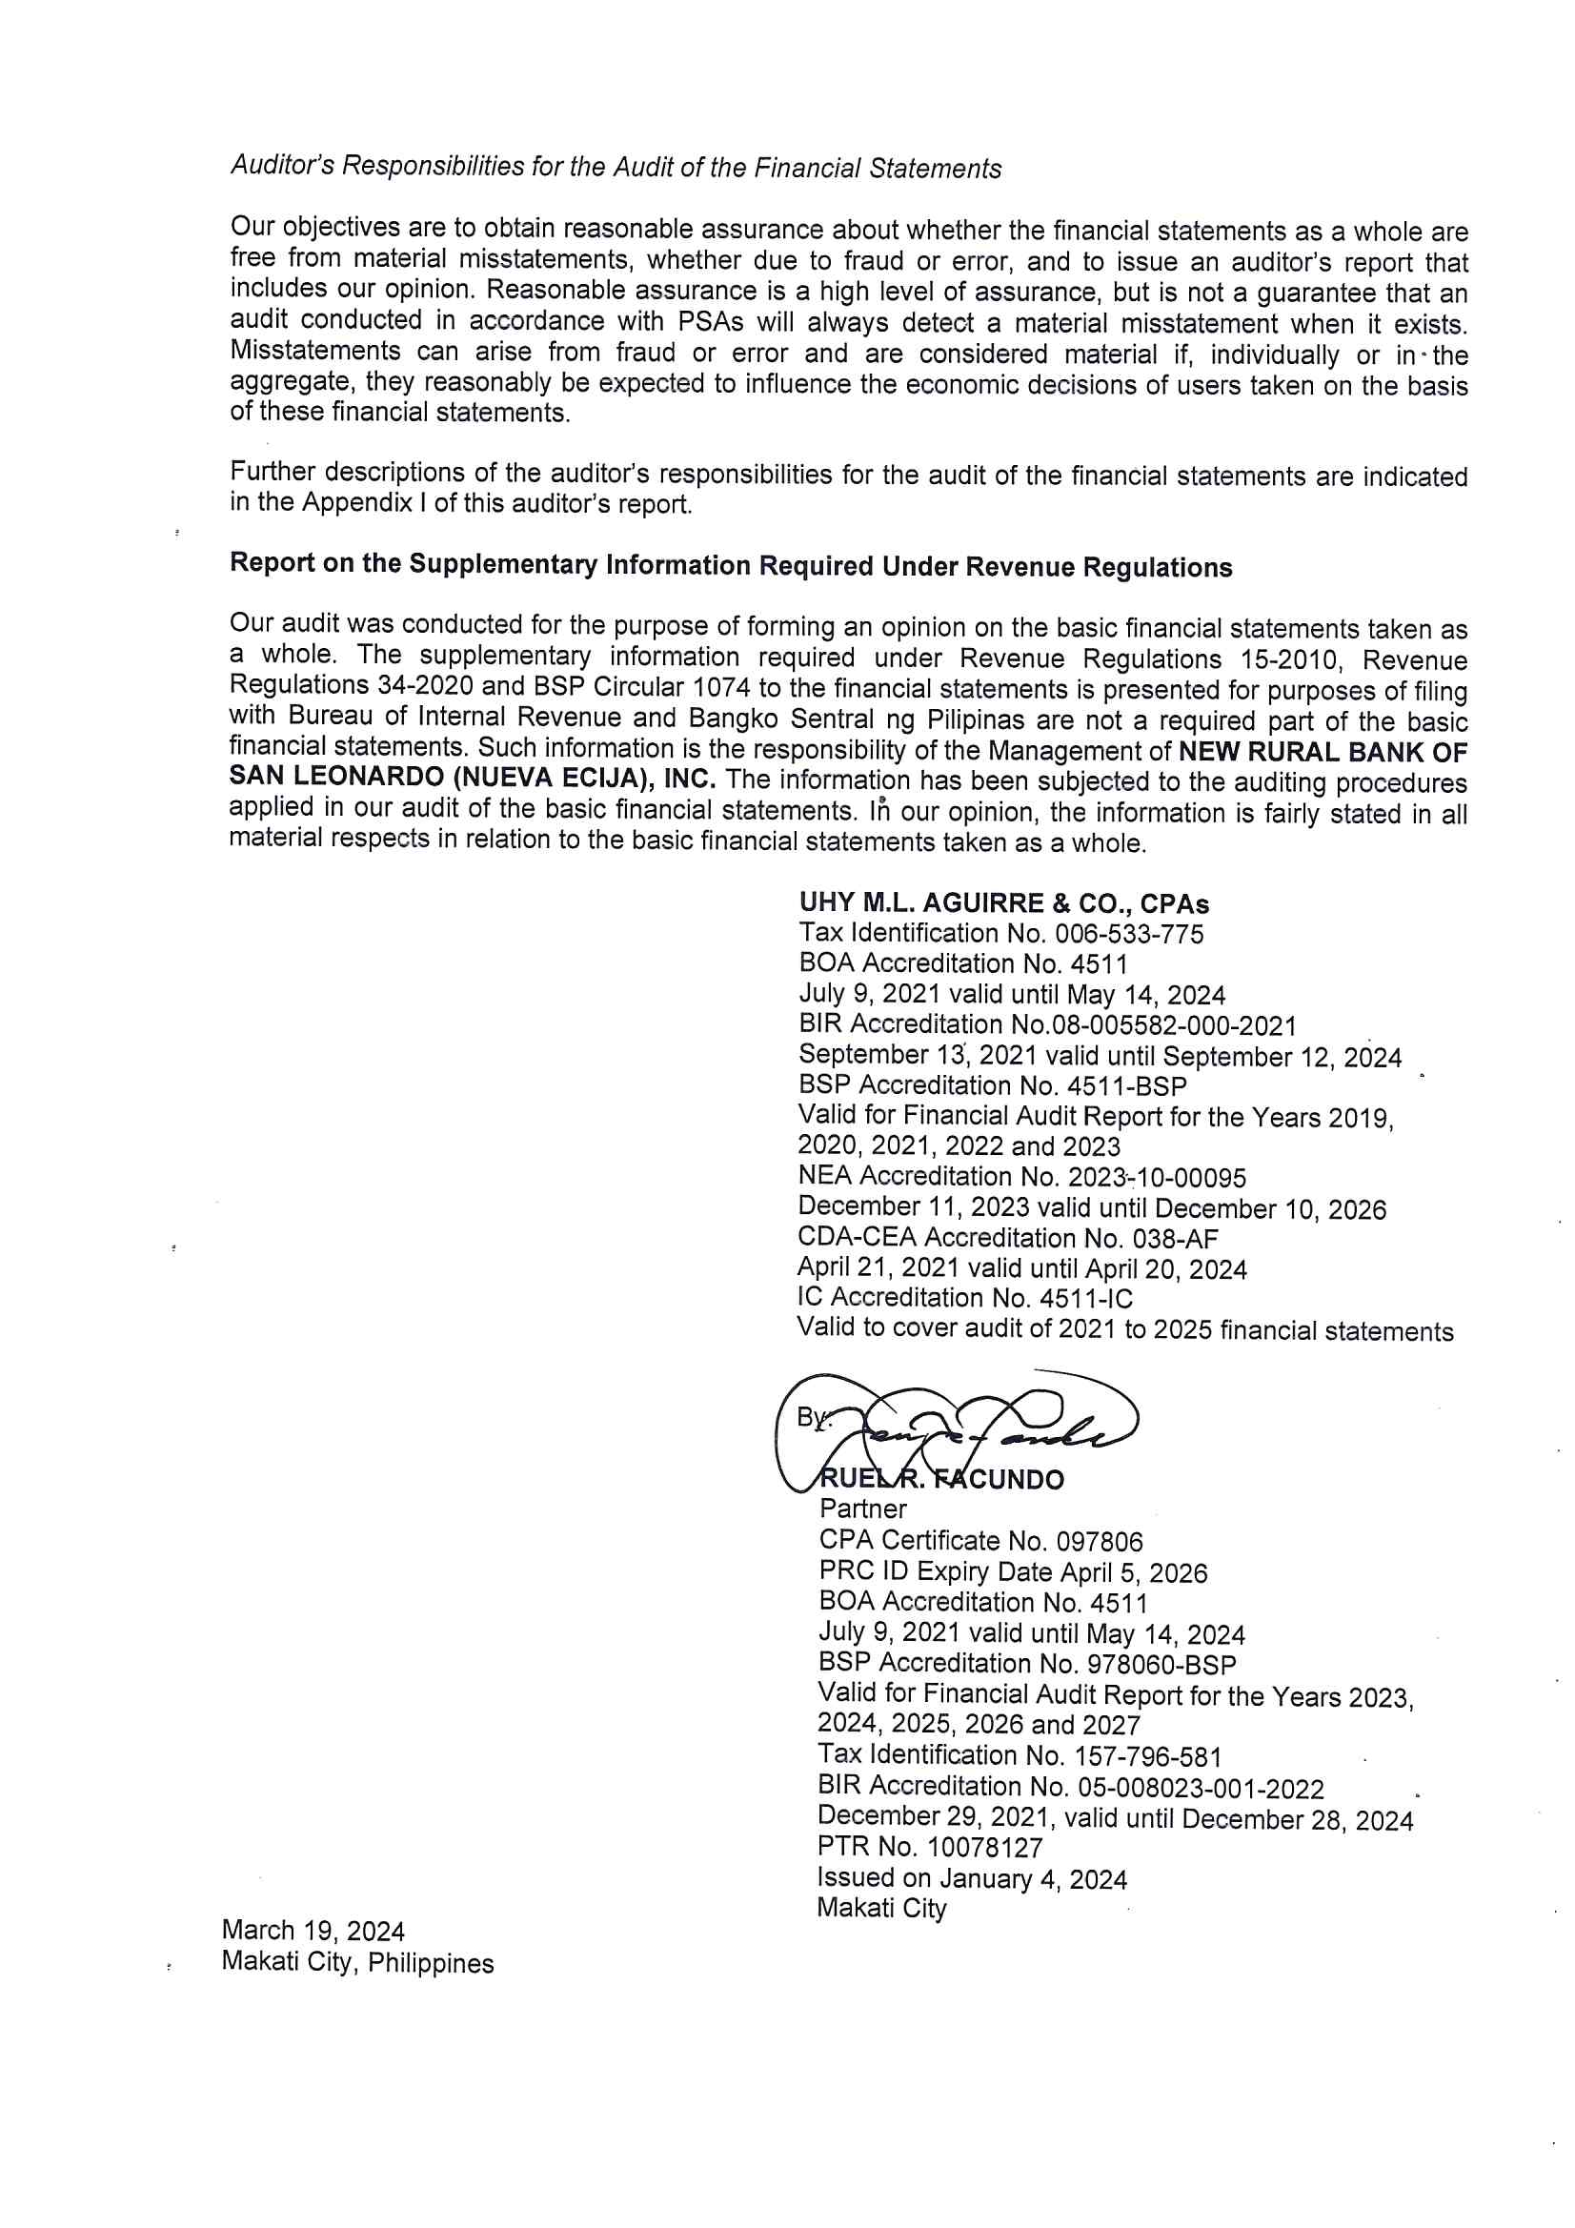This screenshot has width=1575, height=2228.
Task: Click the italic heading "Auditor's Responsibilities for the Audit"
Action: (616, 167)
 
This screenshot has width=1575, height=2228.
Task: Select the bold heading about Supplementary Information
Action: (731, 565)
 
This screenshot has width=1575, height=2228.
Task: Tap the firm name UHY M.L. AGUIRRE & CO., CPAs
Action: (1003, 903)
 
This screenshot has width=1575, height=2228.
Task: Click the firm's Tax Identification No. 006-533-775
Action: (1000, 934)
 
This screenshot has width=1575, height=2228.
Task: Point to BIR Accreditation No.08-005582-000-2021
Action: (1047, 1024)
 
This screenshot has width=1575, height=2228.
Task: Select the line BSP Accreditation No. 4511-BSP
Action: (992, 1084)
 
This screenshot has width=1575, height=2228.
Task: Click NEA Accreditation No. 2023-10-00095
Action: (1021, 1177)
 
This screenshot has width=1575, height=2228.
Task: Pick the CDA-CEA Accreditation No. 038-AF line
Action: (1007, 1238)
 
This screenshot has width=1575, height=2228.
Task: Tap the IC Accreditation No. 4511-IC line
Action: (964, 1298)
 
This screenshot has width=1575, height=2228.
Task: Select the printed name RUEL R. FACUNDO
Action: (941, 1480)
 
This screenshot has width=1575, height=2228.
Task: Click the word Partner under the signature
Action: (862, 1509)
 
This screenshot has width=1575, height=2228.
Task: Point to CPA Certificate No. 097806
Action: (980, 1541)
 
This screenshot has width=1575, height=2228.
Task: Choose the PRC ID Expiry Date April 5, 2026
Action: (1012, 1572)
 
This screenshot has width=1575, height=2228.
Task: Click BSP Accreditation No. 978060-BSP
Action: (1027, 1664)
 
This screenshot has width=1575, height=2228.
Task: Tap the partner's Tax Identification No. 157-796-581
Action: (1019, 1755)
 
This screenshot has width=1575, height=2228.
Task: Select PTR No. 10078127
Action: (930, 1848)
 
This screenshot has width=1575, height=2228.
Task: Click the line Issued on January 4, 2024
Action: (972, 1878)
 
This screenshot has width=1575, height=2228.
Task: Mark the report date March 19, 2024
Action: (313, 1931)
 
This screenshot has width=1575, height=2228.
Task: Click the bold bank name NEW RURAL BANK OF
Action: (1322, 752)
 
